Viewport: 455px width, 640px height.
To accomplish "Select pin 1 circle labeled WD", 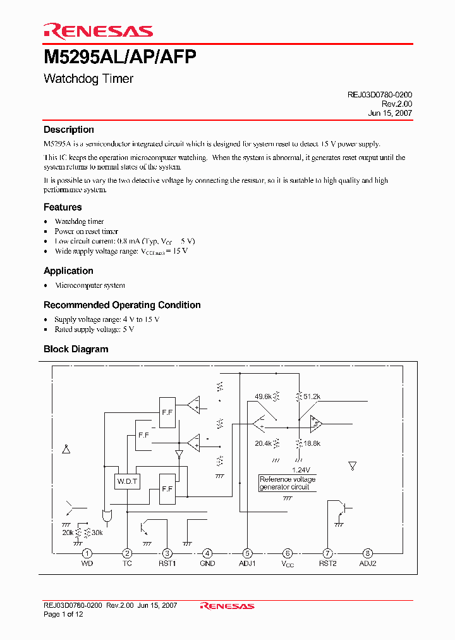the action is (x=87, y=553).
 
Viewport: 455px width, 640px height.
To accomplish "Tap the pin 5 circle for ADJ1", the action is (x=247, y=553).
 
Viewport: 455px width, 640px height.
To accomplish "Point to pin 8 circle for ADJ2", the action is (x=367, y=553).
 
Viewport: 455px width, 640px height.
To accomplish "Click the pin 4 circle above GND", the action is (x=207, y=553).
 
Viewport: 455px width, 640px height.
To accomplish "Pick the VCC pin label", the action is (x=288, y=563).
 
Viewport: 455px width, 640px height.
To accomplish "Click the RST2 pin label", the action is (x=327, y=563).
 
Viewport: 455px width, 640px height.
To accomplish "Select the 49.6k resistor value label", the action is (x=263, y=397).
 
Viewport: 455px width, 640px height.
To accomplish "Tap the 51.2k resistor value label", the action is (x=312, y=397).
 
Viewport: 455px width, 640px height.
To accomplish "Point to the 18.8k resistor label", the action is (x=312, y=443).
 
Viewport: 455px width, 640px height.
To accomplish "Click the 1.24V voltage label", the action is (x=301, y=470).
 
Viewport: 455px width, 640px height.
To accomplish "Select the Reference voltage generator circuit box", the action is (x=288, y=483).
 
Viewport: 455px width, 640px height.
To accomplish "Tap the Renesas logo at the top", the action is (x=98, y=30).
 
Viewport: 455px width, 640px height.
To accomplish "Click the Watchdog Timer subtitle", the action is (x=88, y=79).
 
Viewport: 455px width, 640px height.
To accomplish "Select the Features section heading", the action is (x=63, y=207).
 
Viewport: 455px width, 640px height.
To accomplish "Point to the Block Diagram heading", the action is (x=76, y=349).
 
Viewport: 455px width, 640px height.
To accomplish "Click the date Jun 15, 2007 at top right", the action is (x=390, y=113).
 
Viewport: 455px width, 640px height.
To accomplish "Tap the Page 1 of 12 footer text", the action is (x=63, y=614).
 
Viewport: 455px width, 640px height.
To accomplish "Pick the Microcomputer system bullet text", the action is (x=90, y=285).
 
